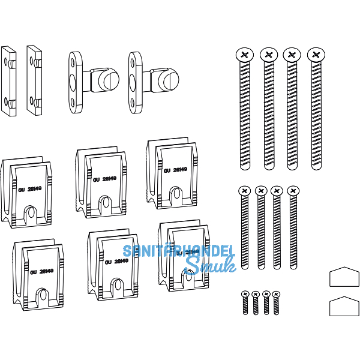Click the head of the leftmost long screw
[244, 55]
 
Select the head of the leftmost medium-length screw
[244, 191]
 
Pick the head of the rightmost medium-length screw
[293, 191]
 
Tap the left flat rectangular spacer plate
[9, 80]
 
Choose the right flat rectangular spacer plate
[34, 80]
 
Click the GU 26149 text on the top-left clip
[29, 188]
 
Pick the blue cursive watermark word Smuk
[202, 266]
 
